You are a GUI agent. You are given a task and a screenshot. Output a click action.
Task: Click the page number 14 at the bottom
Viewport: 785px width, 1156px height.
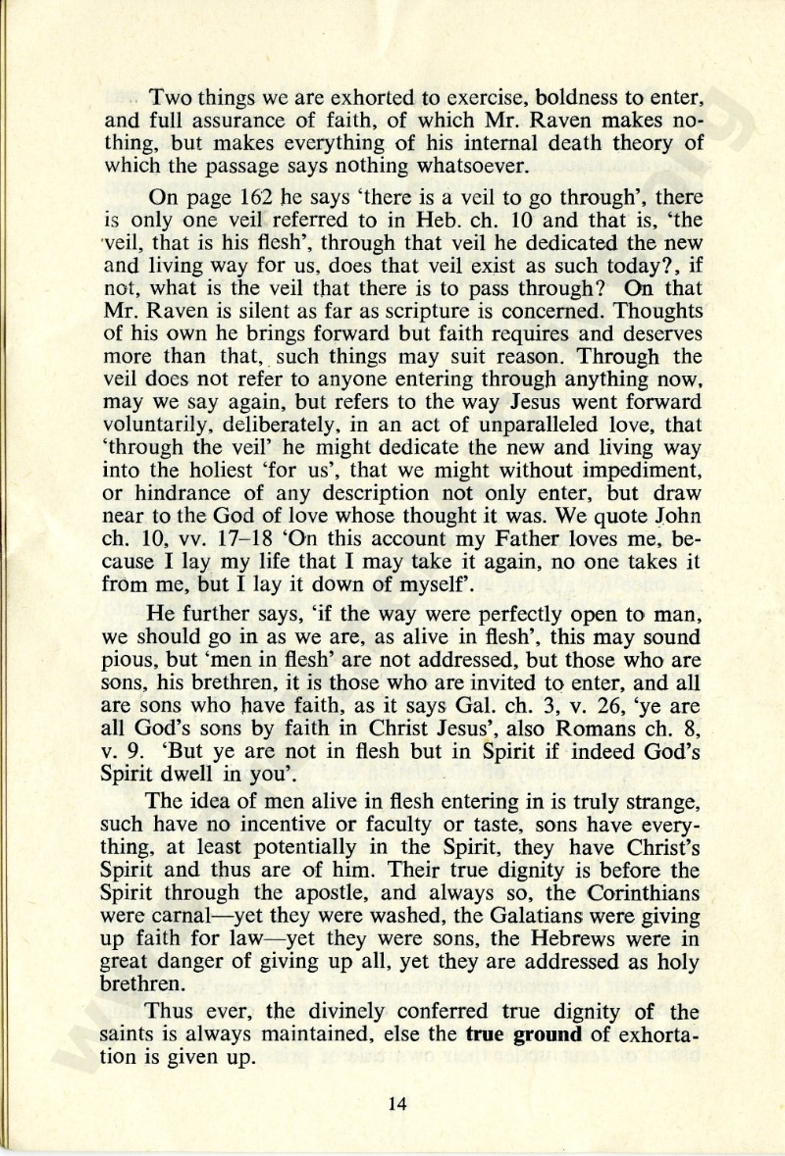click(397, 1103)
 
